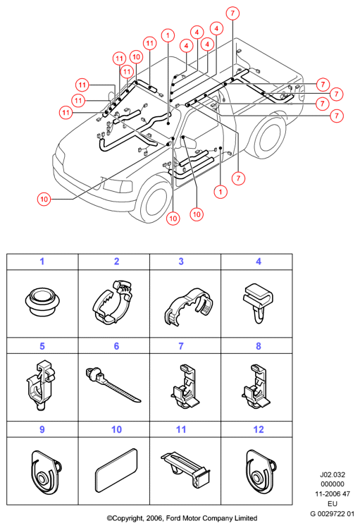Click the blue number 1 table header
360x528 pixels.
tap(42, 262)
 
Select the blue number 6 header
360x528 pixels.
tap(116, 346)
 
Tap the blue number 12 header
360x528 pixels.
tap(259, 429)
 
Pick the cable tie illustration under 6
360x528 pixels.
tap(113, 384)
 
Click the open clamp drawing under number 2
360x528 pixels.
tap(112, 302)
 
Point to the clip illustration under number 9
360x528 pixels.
tap(46, 472)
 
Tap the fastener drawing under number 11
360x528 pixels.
tap(186, 469)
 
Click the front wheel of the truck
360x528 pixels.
tap(156, 202)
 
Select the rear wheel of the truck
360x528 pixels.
tap(268, 135)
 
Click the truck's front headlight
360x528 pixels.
tap(118, 185)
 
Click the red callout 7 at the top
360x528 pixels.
tap(232, 13)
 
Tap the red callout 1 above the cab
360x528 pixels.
tap(168, 35)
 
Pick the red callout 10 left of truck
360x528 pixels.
tap(44, 199)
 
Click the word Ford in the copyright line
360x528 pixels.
tap(173, 518)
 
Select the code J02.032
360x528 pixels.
tap(333, 475)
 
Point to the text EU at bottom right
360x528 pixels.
tap(333, 504)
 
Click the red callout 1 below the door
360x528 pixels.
tap(221, 192)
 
